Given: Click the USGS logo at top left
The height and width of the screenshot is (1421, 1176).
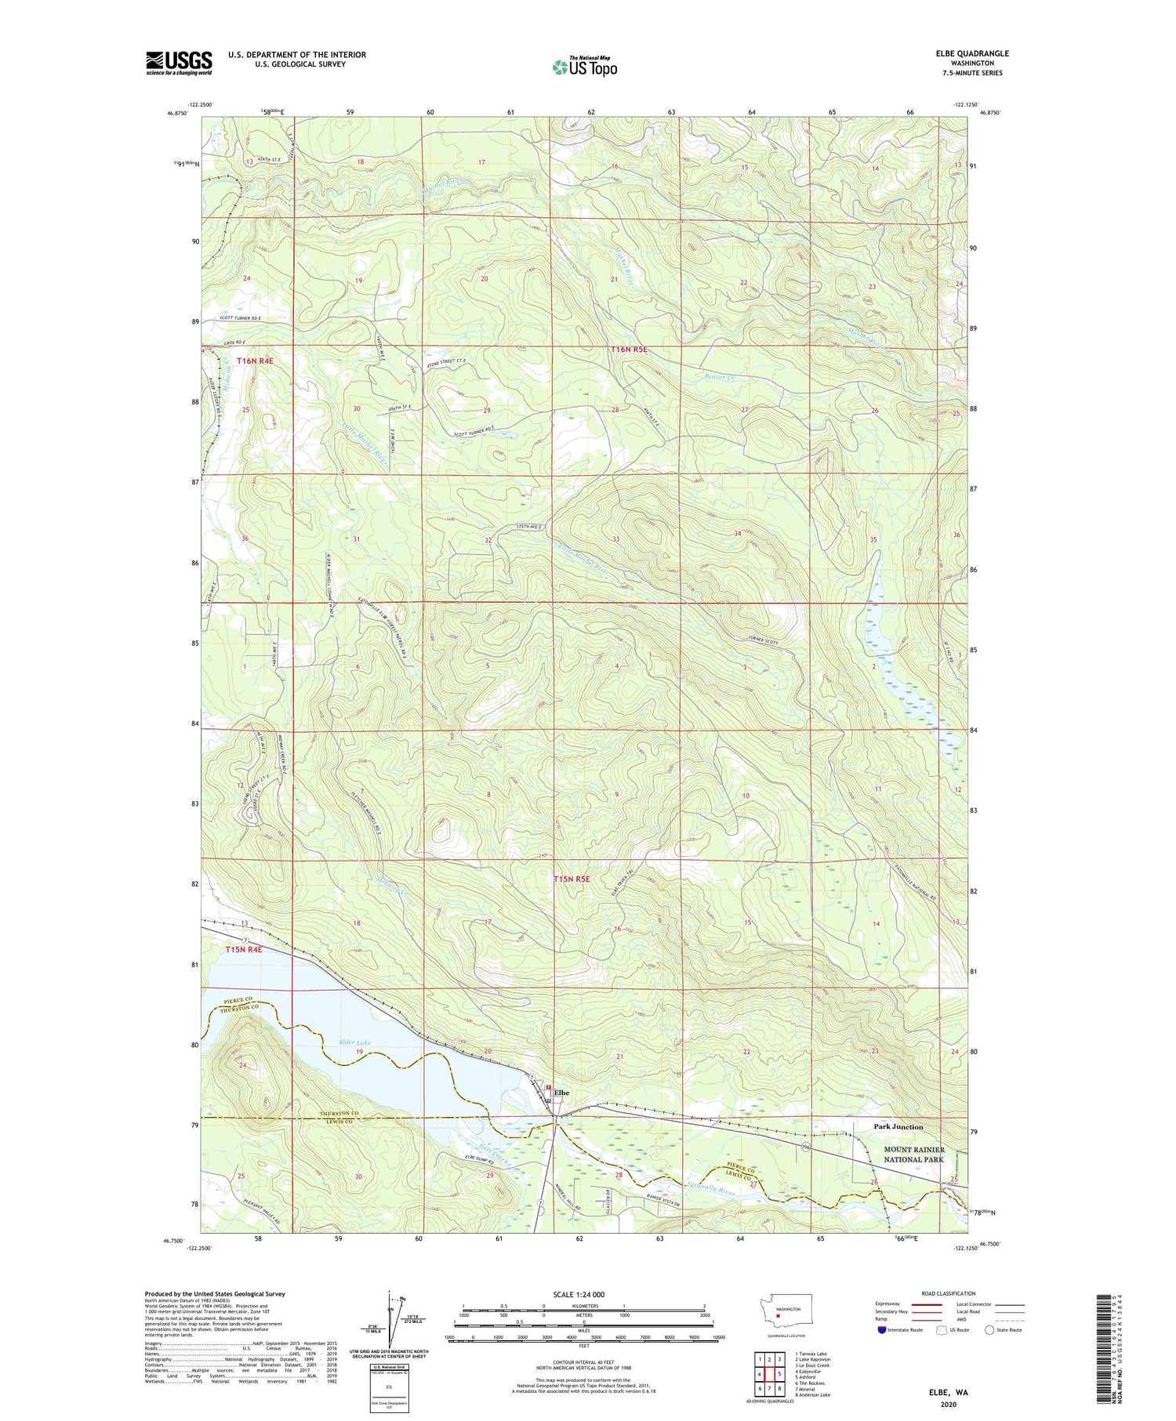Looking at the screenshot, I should (x=179, y=63).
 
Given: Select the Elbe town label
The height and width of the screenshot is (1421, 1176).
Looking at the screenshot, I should (x=561, y=1092).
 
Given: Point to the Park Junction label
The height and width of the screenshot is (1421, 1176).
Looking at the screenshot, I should (x=898, y=1126).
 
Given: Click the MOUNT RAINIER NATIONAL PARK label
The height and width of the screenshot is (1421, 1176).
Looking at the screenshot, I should (x=913, y=1154).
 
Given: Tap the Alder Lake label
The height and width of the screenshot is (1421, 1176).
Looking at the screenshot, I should (x=332, y=1042).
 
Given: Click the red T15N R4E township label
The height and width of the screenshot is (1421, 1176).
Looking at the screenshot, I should (x=242, y=949).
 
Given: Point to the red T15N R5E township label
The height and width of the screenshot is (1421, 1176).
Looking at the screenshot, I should (x=572, y=879).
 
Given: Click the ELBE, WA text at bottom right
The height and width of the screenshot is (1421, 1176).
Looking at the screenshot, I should (x=946, y=1393).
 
